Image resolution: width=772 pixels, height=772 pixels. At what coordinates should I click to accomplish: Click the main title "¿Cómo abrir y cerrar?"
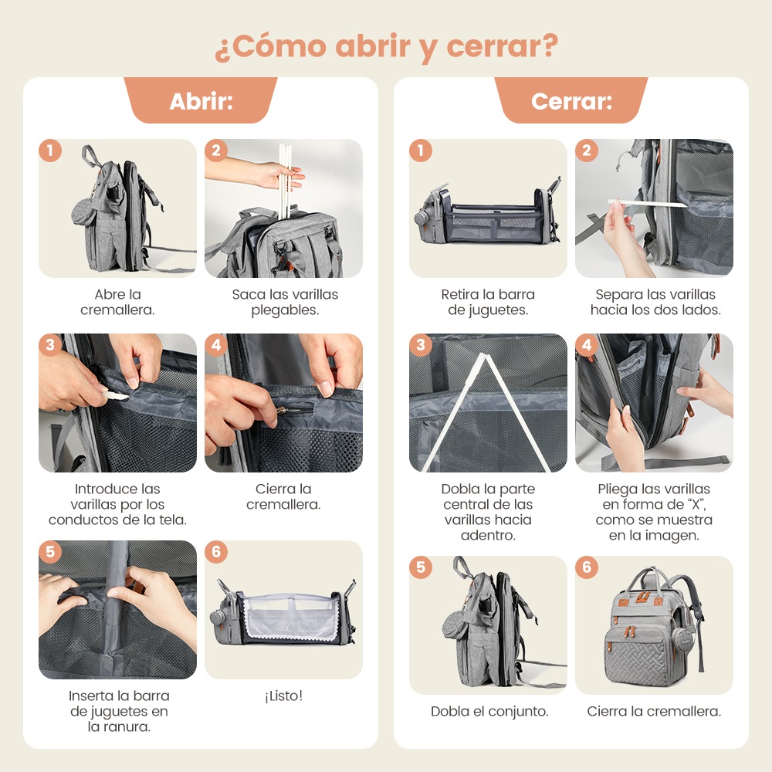coord(387,47)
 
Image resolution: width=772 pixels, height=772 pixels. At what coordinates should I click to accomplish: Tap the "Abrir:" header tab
coord(201,100)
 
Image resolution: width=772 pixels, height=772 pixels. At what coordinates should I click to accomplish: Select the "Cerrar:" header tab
coord(571,100)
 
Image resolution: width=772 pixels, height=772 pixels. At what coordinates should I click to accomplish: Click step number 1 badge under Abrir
coord(50,151)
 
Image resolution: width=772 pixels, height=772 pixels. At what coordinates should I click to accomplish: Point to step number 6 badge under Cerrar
coord(587,567)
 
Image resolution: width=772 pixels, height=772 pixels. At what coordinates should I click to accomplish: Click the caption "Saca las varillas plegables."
coord(285,302)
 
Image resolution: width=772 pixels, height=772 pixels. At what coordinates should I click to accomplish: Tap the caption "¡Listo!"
coord(283,696)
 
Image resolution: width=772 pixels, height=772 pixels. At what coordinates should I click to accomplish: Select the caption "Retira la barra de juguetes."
coord(488,302)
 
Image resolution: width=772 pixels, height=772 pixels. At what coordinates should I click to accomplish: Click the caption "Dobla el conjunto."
coord(489,711)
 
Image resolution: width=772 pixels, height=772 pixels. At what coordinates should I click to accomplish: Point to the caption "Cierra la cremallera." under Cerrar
coord(654,711)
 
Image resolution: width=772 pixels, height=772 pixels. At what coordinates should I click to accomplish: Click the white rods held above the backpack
coord(285,180)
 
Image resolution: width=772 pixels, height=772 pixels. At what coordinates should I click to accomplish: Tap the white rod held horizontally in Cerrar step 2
coord(648,203)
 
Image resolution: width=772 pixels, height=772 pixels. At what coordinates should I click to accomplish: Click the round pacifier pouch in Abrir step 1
coord(82,211)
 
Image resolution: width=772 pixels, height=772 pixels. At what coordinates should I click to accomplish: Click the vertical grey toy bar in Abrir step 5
coord(116,610)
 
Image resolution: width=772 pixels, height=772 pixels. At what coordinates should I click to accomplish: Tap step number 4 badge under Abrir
coord(216,345)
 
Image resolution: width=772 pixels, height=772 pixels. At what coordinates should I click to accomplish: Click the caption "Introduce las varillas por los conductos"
coord(117,504)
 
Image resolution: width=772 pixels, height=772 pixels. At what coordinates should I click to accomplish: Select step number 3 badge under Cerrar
coord(421,345)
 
